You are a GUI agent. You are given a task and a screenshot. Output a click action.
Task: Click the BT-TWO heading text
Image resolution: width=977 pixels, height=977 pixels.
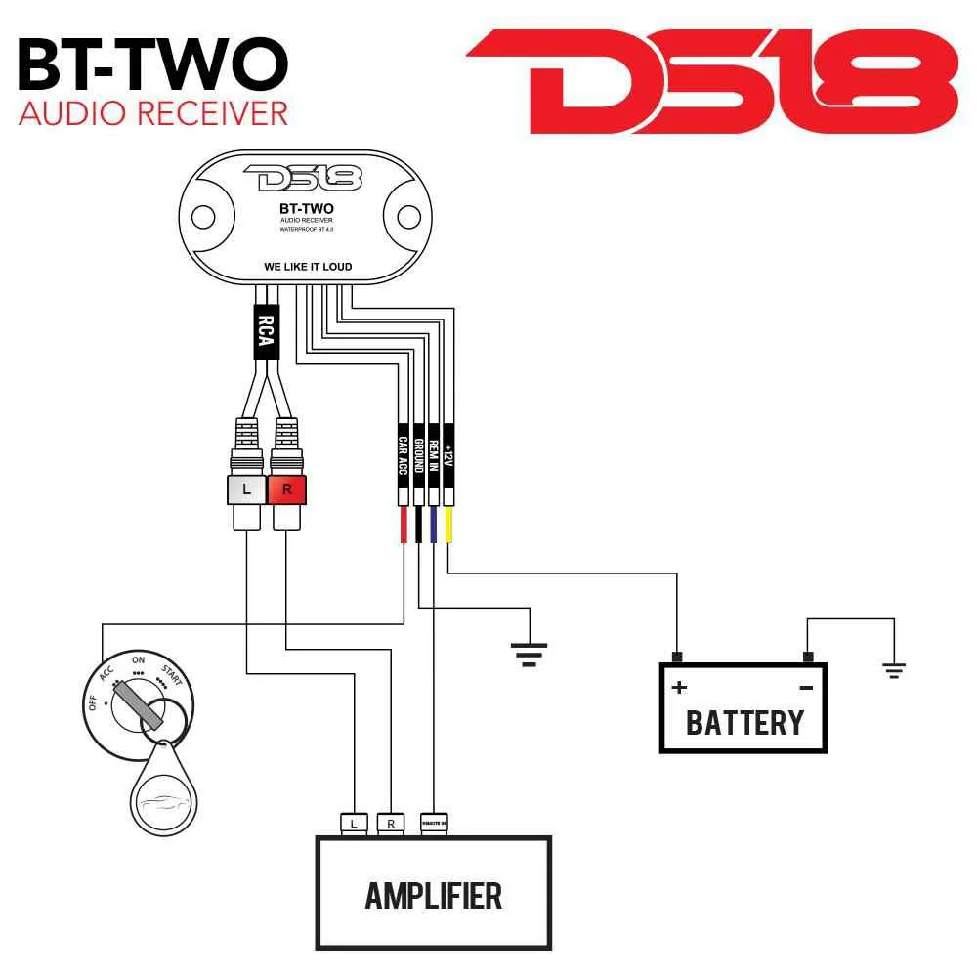pyautogui.click(x=152, y=64)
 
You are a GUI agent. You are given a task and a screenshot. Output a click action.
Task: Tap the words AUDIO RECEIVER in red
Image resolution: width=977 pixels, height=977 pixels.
pyautogui.click(x=153, y=112)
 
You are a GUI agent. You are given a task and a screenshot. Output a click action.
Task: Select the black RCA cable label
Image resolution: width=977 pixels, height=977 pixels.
pyautogui.click(x=264, y=332)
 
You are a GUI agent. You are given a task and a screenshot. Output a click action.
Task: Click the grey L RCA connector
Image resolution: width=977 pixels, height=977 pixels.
pyautogui.click(x=246, y=489)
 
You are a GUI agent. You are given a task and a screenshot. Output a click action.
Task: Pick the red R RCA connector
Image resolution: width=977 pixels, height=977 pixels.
pyautogui.click(x=287, y=489)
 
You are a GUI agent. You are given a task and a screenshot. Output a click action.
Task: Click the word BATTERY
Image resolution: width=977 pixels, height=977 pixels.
pyautogui.click(x=744, y=723)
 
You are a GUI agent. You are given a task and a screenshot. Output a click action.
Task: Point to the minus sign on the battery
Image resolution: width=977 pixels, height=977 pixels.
pyautogui.click(x=806, y=688)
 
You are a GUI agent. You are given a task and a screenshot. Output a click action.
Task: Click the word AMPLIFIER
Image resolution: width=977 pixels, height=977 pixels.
pyautogui.click(x=434, y=895)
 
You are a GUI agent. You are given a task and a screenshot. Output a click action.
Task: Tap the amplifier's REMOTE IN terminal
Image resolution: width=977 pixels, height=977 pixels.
pyautogui.click(x=434, y=824)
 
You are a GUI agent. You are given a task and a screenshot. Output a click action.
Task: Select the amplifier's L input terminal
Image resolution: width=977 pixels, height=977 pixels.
pyautogui.click(x=354, y=824)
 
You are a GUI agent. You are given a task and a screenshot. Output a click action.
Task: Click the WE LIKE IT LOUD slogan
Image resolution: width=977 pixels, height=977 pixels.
pyautogui.click(x=308, y=266)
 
